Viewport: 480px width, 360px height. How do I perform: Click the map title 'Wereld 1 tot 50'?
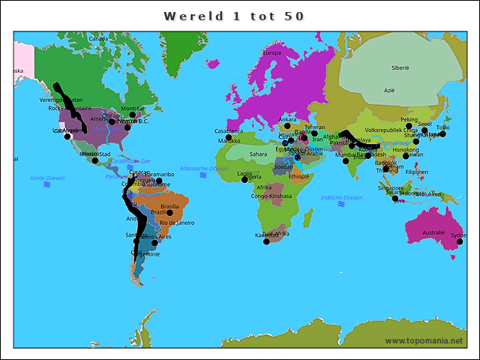(234, 16)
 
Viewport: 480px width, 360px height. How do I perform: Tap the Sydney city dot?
(460, 241)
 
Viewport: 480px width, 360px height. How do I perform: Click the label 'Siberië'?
(400, 67)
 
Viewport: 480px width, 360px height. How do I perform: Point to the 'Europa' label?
(271, 53)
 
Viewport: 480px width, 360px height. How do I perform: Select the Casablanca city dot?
(229, 137)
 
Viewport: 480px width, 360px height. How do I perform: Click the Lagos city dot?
(244, 179)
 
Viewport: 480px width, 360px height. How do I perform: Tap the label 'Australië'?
(433, 232)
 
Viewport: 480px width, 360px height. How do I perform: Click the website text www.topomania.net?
(424, 341)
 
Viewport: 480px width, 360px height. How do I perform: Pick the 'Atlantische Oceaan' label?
(203, 169)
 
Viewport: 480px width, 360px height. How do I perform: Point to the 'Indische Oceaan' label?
(341, 197)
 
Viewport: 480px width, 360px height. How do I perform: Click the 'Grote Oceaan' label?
(47, 178)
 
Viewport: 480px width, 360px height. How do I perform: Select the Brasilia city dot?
(170, 212)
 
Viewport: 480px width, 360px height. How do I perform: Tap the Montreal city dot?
(133, 115)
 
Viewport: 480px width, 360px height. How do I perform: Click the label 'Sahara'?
(258, 154)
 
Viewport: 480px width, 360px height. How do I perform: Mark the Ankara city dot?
(286, 126)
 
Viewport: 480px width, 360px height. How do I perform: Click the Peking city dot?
(409, 126)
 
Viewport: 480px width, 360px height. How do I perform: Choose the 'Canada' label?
(97, 38)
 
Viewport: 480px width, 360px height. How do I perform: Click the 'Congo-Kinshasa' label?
(271, 196)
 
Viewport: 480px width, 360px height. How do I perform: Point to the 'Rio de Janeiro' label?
(177, 223)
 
